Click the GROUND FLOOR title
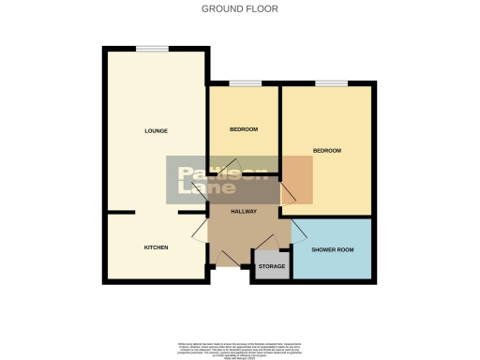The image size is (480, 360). (240, 9)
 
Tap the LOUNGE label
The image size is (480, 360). (156, 130)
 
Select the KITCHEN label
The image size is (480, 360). (156, 247)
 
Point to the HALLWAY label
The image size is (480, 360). (244, 212)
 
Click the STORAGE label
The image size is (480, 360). (272, 267)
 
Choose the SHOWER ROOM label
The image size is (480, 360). (332, 249)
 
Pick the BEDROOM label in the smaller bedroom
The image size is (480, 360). (243, 129)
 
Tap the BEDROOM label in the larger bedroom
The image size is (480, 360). (327, 151)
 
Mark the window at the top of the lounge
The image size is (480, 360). (152, 48)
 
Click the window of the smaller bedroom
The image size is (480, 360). (245, 83)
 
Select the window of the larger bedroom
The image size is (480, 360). (330, 83)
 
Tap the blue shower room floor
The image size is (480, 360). (332, 262)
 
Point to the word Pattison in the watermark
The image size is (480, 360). (223, 173)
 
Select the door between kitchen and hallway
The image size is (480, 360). (199, 231)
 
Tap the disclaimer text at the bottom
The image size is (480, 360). (240, 348)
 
